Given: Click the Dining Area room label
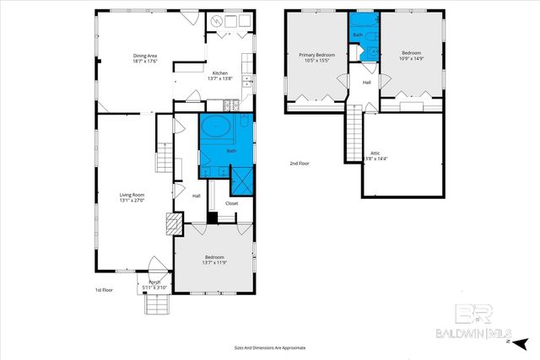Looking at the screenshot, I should [x=146, y=56].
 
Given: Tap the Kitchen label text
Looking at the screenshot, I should [x=219, y=73].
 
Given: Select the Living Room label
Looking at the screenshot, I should [x=132, y=195].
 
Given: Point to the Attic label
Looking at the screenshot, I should [x=375, y=153].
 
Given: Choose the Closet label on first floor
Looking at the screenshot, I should [x=231, y=203].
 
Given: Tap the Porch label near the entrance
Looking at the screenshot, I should [x=154, y=282].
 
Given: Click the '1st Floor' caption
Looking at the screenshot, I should [x=104, y=290].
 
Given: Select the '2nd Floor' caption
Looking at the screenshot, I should [x=300, y=163].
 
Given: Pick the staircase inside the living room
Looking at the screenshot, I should [x=163, y=156].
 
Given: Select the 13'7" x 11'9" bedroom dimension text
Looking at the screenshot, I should [x=213, y=263].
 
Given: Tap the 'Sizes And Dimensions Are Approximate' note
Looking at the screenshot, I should [x=269, y=347].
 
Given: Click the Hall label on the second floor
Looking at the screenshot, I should [x=367, y=82].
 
